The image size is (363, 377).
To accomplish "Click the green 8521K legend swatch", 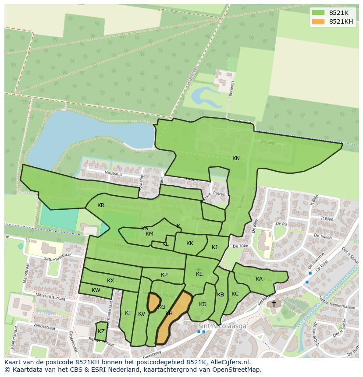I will coord(319,13).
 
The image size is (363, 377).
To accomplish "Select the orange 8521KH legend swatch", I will coord(319,21).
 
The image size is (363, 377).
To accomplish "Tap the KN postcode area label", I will coord(236,159).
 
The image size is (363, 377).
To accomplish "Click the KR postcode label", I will coord(101,205).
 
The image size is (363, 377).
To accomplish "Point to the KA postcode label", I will coord(259,279).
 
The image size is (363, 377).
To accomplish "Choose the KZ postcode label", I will coord(101,331).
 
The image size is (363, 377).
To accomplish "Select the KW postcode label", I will coord(96,290).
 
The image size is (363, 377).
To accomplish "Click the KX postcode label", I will coord(110,281).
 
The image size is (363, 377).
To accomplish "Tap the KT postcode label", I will coord(128,313).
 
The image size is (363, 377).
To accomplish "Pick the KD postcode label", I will coord(203,304).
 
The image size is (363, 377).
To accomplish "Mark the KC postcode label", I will coord(235,294).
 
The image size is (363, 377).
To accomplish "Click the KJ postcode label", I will coord(214,247).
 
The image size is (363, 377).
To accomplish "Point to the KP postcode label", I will coord(164,275).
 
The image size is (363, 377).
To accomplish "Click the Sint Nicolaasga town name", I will coord(222,326).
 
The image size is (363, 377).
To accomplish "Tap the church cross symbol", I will coord(274,303).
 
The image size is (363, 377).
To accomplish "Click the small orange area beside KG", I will coord(153,302).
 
